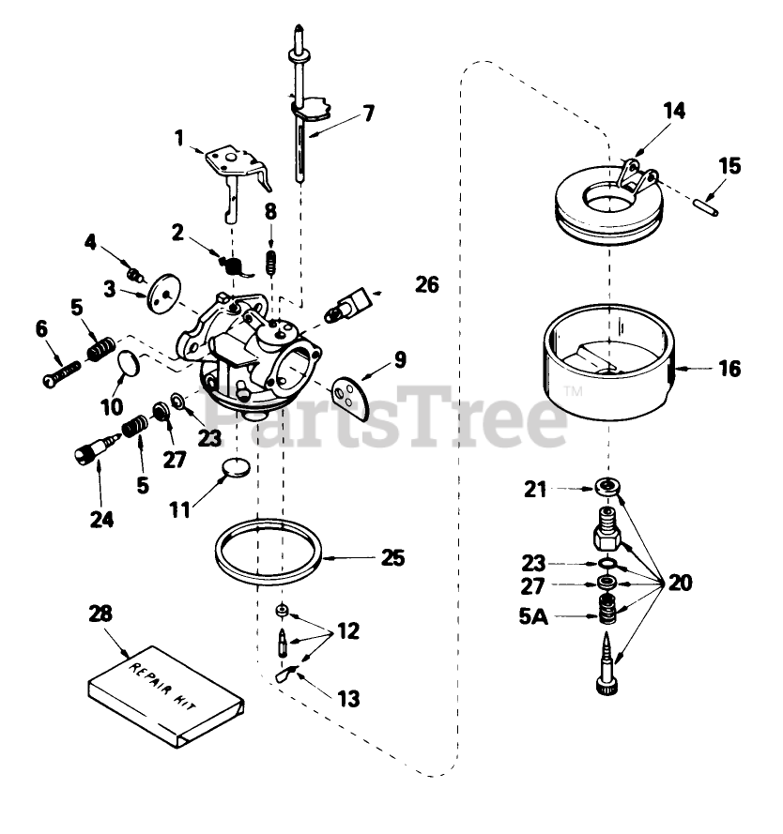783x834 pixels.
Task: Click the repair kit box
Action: (167, 692)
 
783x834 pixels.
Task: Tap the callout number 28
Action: (100, 614)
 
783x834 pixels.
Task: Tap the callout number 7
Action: (368, 114)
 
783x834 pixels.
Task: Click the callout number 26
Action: (426, 283)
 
